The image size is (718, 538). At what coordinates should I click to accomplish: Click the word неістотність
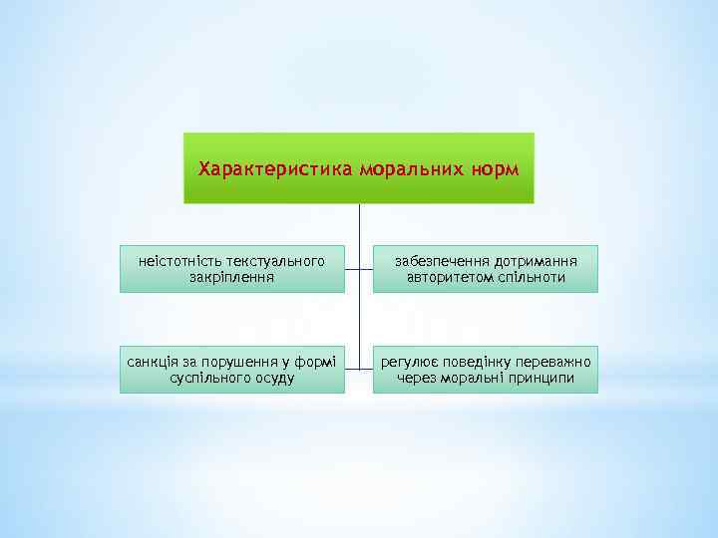[x=181, y=261]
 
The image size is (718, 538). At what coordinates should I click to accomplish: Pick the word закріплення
[x=232, y=277]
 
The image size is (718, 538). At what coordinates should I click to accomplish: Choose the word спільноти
[x=531, y=277]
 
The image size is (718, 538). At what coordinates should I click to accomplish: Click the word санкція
[x=152, y=362]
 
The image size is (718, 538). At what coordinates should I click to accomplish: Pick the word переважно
[x=556, y=362]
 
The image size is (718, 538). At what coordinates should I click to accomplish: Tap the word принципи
[x=540, y=378]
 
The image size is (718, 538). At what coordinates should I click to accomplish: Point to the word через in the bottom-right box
[x=417, y=378]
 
